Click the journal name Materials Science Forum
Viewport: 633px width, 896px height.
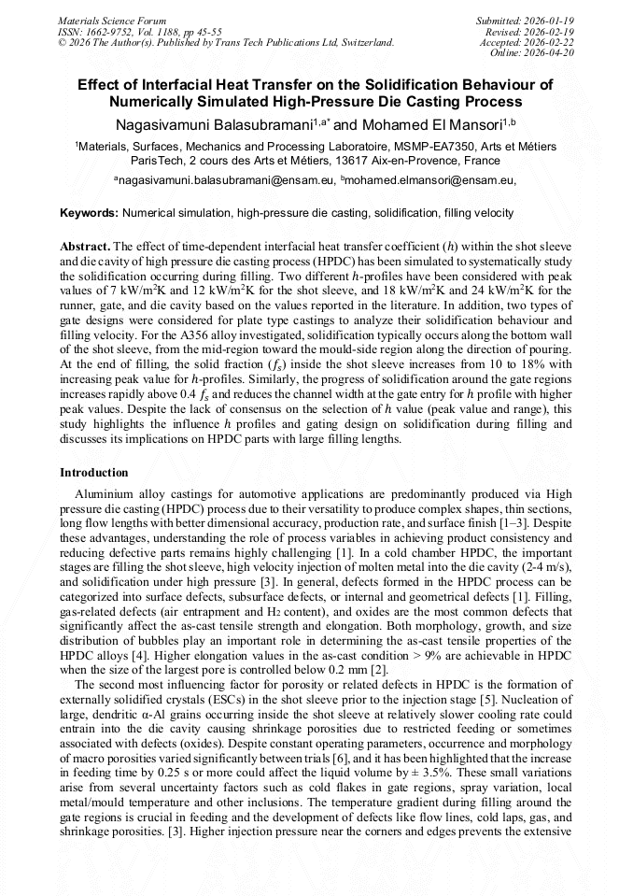(112, 20)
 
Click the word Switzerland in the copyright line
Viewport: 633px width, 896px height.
(363, 42)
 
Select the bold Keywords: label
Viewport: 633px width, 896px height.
(90, 213)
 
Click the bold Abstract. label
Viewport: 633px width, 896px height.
(85, 245)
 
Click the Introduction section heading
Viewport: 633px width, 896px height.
(93, 473)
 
